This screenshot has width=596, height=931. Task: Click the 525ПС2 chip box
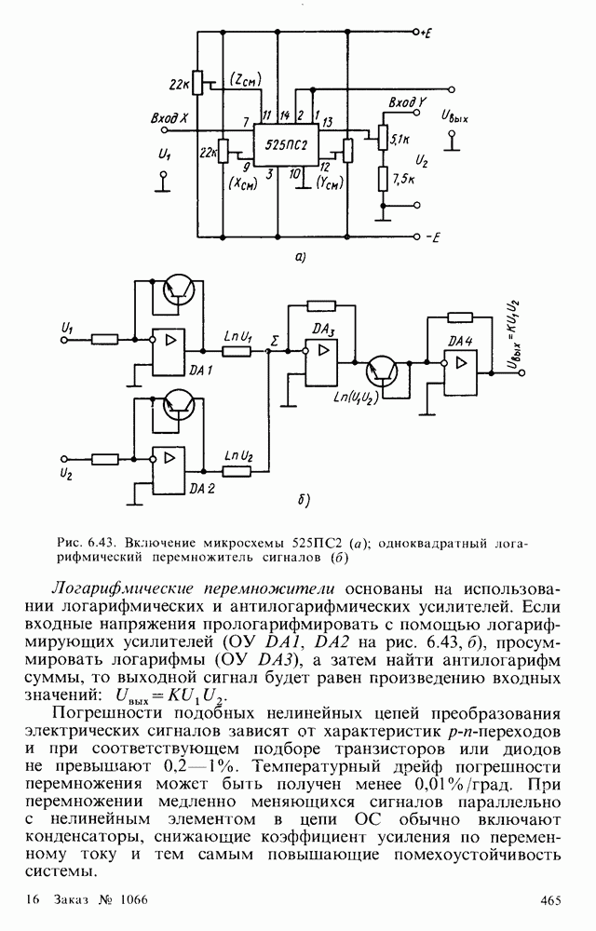[x=285, y=146]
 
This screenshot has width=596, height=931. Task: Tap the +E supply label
[x=426, y=34]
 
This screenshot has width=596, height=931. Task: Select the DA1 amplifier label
[x=200, y=371]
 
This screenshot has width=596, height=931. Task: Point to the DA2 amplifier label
[x=201, y=488]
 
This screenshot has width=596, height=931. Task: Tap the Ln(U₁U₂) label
[x=359, y=398]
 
